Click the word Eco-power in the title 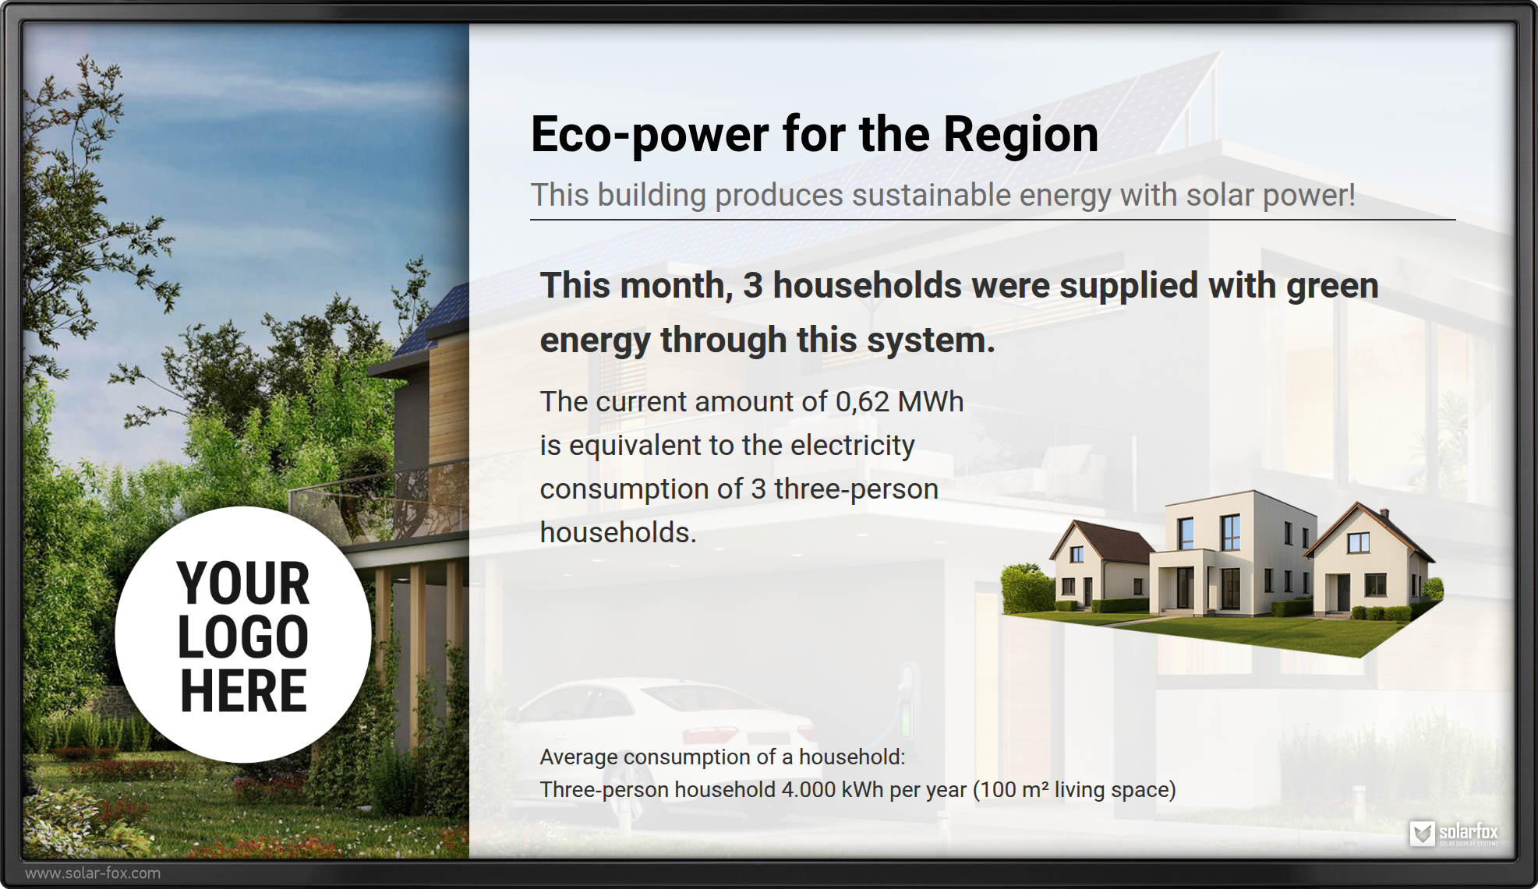pos(649,136)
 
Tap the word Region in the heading pos(1020,136)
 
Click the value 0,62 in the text pos(861,402)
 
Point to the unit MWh pos(931,402)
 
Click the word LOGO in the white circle pos(243,637)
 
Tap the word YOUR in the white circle pos(243,583)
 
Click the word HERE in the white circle pos(243,690)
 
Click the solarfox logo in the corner pos(1454,834)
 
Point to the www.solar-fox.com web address pos(93,873)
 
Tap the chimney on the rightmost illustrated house pos(1384,516)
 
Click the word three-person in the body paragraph pos(856,489)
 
